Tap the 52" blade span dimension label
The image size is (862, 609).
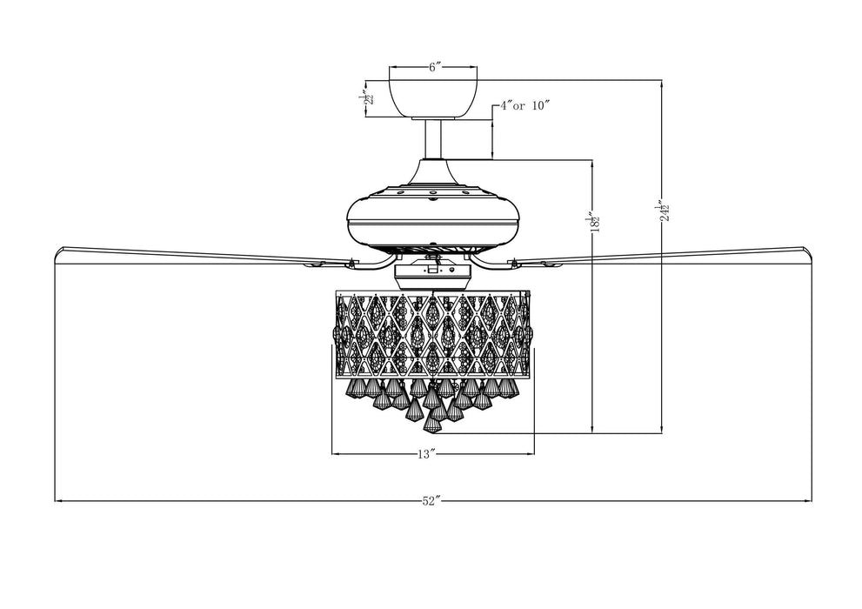(432, 501)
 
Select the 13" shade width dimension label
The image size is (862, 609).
(425, 453)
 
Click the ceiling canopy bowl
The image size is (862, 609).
(432, 97)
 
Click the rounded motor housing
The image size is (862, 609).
(432, 217)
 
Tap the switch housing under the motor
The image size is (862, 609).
(432, 274)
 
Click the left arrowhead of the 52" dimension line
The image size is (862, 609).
(58, 501)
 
